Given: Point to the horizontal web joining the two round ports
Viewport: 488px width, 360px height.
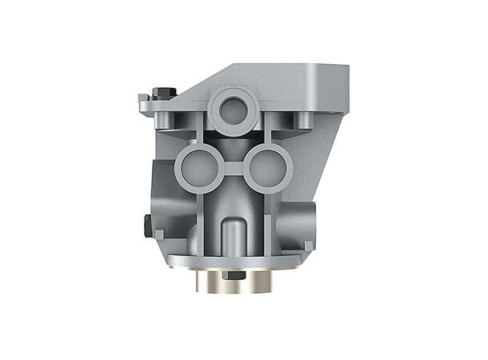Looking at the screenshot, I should (231, 168).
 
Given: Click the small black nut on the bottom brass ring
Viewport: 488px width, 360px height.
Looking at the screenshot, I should (234, 275).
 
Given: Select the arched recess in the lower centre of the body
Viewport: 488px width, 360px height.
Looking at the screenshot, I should (233, 232).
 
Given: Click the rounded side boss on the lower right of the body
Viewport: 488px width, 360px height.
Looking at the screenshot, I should (305, 219).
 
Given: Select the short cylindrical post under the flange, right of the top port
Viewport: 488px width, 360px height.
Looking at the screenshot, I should (303, 121).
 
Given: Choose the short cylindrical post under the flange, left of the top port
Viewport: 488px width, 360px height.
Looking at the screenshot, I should (167, 121).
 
